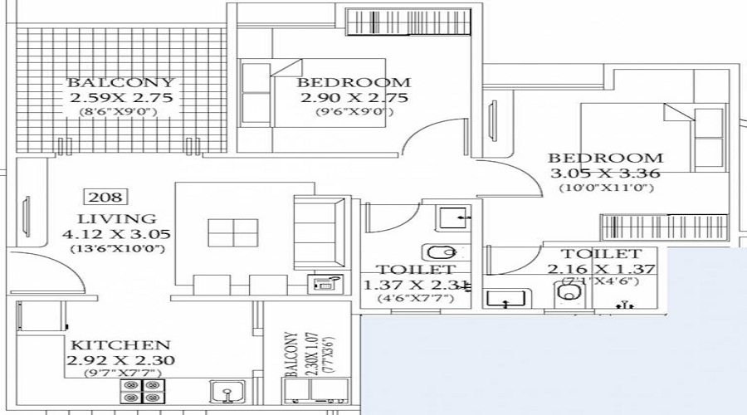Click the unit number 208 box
tap(105, 197)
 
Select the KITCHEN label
tap(120, 344)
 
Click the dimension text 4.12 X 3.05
tap(116, 234)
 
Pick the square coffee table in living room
tap(233, 232)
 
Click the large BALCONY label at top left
tap(121, 82)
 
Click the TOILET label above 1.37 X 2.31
tap(415, 270)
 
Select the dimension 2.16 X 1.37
tap(602, 269)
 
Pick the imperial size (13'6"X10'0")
tap(116, 249)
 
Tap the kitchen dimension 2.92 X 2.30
tap(120, 360)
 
